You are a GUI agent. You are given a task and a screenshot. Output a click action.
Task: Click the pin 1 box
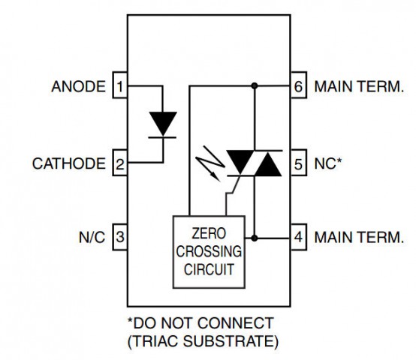click(x=120, y=85)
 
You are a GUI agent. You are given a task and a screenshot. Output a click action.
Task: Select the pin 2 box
click(x=120, y=163)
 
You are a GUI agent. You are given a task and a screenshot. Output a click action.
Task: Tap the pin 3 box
click(x=120, y=237)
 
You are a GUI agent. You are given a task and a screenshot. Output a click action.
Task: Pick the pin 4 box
click(x=298, y=237)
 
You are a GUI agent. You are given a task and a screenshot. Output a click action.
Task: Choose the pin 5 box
click(x=298, y=163)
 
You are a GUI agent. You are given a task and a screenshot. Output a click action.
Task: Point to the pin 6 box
click(x=298, y=85)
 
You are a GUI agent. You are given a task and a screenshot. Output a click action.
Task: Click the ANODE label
click(x=79, y=86)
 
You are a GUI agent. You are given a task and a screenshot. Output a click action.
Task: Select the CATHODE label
click(x=69, y=163)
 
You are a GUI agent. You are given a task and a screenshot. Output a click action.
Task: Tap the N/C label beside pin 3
click(x=92, y=237)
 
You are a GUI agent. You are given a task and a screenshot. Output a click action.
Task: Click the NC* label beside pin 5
click(x=328, y=163)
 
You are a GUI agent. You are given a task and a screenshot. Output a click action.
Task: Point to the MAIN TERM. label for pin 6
click(x=359, y=86)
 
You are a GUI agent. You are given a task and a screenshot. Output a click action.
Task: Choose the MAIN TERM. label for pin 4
click(x=359, y=237)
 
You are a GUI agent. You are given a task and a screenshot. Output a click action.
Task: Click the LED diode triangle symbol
click(x=163, y=122)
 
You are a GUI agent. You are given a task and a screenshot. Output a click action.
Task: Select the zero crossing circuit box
click(x=209, y=252)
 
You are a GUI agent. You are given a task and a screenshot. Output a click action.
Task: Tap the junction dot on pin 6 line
click(x=255, y=85)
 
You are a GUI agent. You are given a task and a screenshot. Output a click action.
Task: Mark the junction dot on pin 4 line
click(x=255, y=238)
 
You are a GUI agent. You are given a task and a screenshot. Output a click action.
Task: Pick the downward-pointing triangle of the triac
click(x=240, y=160)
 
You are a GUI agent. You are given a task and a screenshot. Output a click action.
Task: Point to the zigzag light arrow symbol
click(x=210, y=163)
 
